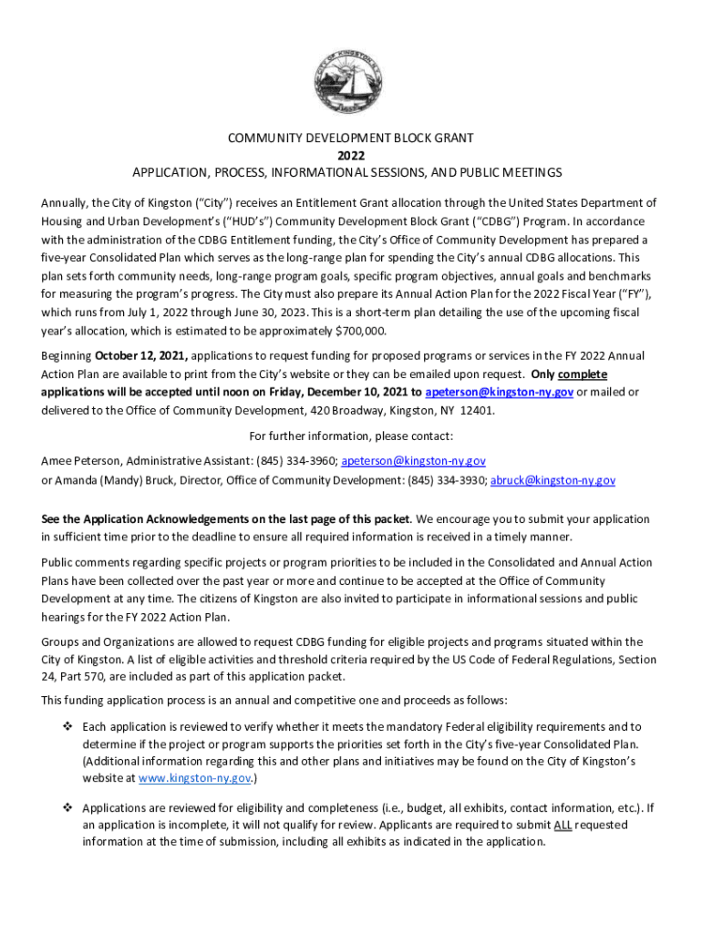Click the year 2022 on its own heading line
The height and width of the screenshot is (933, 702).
(350, 155)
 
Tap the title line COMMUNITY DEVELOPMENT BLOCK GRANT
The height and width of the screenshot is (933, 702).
(350, 138)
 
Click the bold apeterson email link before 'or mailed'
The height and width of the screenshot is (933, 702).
(499, 392)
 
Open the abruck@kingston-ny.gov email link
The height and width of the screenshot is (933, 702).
(552, 480)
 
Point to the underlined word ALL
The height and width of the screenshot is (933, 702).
(564, 825)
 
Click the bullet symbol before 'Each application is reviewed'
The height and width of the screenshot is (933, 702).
(67, 726)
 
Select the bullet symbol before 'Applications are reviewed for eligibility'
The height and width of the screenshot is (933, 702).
(67, 807)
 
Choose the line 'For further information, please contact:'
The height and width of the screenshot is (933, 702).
(350, 436)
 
